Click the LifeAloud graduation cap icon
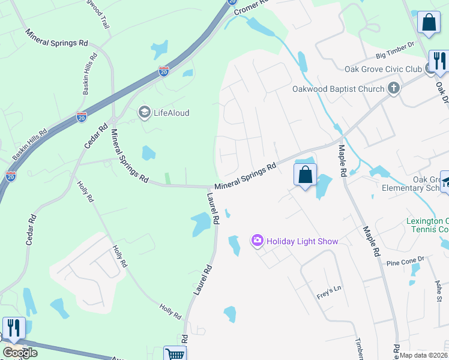click(x=144, y=112)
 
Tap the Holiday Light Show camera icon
click(x=258, y=241)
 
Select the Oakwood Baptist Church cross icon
click(x=394, y=89)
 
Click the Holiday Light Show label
click(x=303, y=241)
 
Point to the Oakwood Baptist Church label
click(x=338, y=89)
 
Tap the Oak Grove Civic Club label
click(x=383, y=70)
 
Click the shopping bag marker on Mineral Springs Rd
click(x=306, y=175)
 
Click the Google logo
click(x=20, y=353)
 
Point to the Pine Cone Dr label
click(x=405, y=262)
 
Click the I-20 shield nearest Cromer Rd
click(x=233, y=2)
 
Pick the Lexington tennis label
click(x=427, y=225)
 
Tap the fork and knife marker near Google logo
click(x=14, y=328)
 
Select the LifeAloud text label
click(x=171, y=112)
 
